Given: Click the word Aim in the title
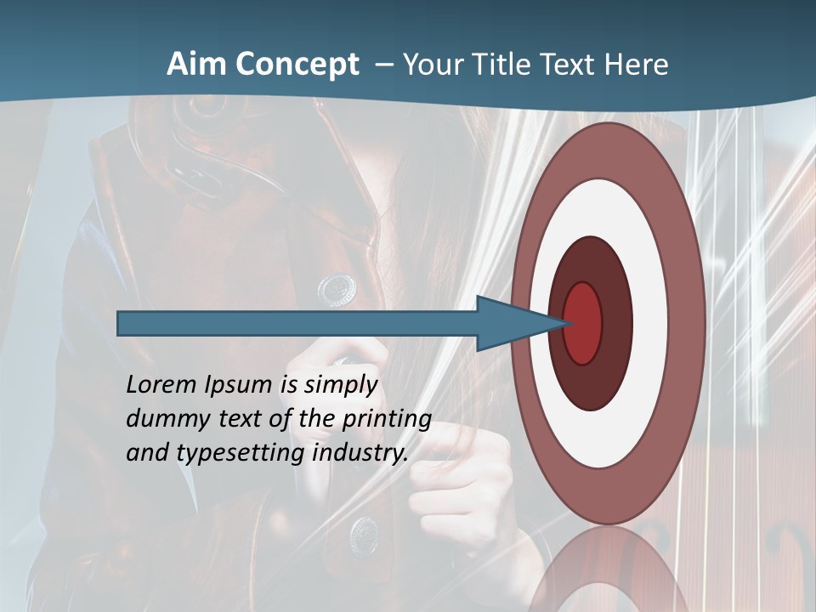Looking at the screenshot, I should coord(195,65).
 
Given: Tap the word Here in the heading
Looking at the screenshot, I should coord(637,65).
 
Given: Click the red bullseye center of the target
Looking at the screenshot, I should coord(582,323).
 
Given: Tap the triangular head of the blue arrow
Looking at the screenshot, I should coord(514,323).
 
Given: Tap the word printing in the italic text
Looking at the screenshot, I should coord(387,420).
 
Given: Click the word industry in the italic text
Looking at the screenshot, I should coord(360,453).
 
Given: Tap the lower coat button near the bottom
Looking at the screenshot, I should coord(365,533).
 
